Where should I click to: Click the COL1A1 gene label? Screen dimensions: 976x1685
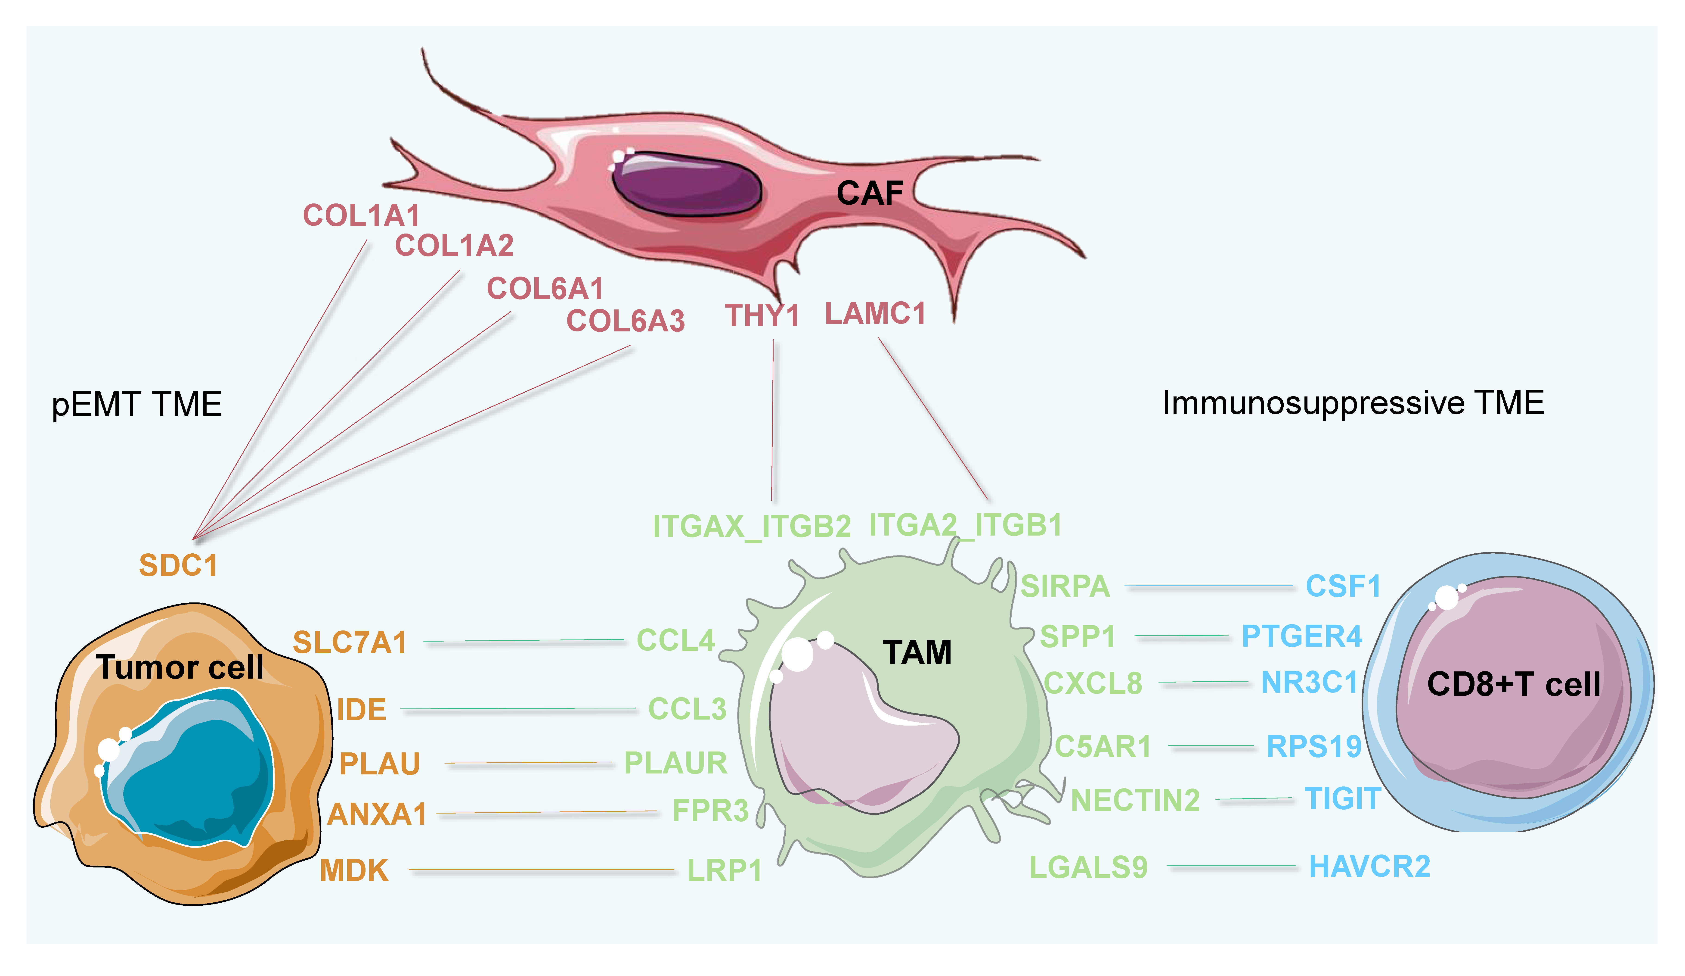(x=361, y=215)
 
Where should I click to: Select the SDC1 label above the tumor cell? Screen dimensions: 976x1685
(x=178, y=565)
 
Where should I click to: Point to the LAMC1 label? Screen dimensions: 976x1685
(x=875, y=313)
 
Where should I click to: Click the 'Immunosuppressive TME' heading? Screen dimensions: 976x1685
(x=1353, y=403)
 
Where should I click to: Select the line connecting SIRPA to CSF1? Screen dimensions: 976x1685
(x=1208, y=586)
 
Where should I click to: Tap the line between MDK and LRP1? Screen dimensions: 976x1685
(x=542, y=870)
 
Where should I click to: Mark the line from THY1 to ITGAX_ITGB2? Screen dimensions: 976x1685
(x=773, y=421)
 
